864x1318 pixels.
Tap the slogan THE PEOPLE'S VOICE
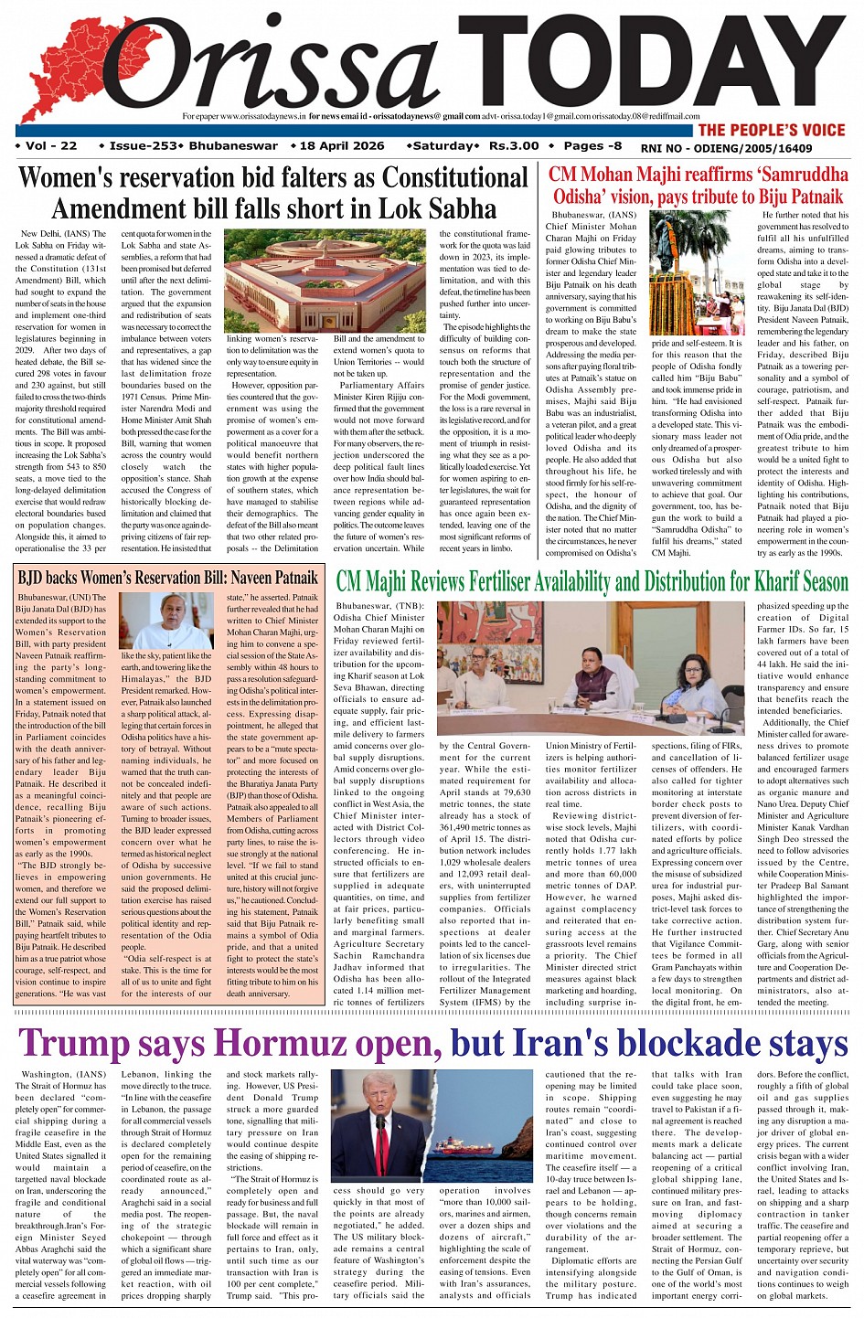click(771, 130)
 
